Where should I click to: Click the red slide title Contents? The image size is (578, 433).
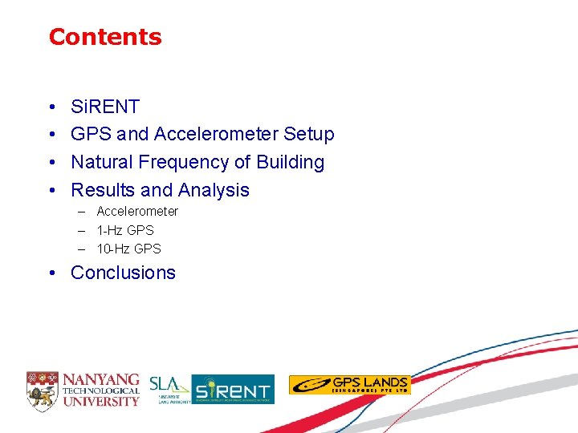pyautogui.click(x=105, y=37)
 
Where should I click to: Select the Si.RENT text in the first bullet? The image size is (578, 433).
pyautogui.click(x=105, y=107)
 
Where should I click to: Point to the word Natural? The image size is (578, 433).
pyautogui.click(x=102, y=162)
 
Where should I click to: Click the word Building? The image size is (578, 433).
pyautogui.click(x=290, y=162)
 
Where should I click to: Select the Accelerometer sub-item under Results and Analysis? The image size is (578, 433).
pyautogui.click(x=137, y=211)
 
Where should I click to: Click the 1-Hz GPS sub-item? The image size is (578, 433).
pyautogui.click(x=125, y=230)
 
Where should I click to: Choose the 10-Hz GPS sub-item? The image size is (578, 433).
pyautogui.click(x=128, y=249)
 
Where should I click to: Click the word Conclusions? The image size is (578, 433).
pyautogui.click(x=123, y=273)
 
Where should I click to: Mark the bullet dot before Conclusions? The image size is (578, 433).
pyautogui.click(x=51, y=273)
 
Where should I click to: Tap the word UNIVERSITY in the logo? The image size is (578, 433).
pyautogui.click(x=101, y=401)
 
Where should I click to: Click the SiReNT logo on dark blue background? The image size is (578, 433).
pyautogui.click(x=233, y=390)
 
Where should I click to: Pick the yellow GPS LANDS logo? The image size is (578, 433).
pyautogui.click(x=349, y=385)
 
